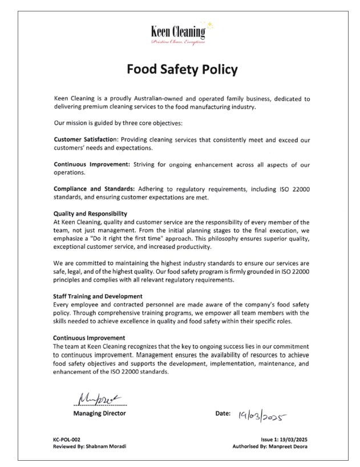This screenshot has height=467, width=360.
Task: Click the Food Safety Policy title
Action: coord(182,70)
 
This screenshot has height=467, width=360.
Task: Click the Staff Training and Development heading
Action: coord(97,296)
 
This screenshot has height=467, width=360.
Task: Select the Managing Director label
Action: coord(100,413)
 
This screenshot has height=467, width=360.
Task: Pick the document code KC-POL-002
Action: coord(63,439)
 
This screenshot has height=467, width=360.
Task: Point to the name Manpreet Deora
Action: coord(292,446)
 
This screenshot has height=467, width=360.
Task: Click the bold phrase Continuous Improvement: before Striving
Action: coord(92,164)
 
